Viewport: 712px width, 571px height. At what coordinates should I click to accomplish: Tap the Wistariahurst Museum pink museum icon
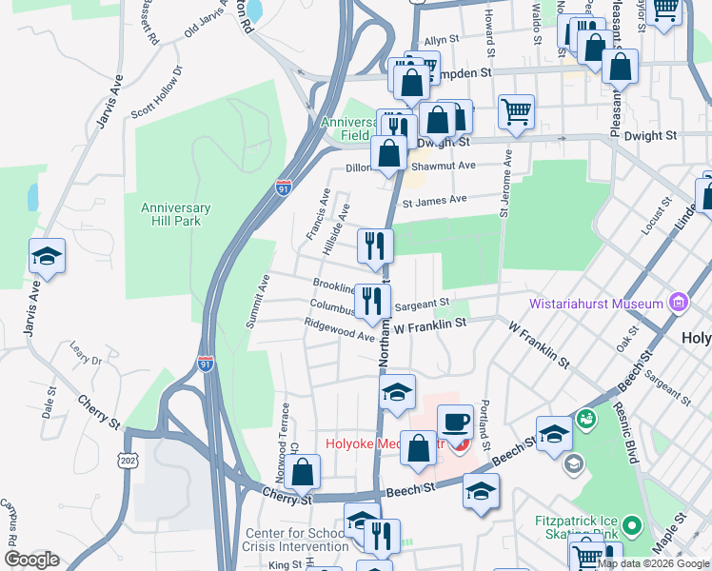(678, 304)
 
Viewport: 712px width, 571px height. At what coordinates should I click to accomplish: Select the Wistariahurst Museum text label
(597, 304)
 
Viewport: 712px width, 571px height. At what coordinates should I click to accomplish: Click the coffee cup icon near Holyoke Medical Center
(455, 421)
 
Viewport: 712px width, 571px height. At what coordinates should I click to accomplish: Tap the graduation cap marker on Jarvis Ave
(47, 257)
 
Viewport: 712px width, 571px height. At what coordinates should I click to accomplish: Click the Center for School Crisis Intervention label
(296, 540)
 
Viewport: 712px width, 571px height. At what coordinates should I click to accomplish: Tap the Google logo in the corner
(31, 560)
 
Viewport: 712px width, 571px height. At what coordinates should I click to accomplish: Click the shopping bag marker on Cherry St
(302, 471)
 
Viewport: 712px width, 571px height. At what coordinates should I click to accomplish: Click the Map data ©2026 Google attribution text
(652, 563)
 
